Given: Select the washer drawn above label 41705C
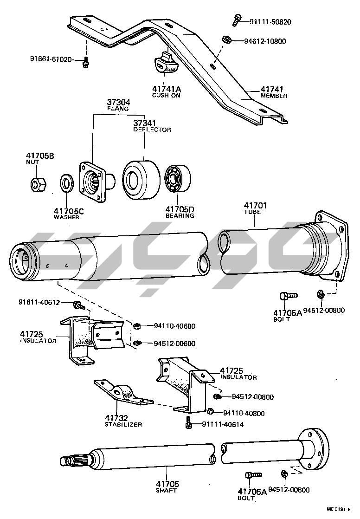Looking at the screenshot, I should click(67, 183).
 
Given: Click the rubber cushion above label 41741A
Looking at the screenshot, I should click(165, 65).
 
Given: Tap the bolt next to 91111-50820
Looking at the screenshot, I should click(236, 19).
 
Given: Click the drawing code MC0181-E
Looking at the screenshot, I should click(339, 509).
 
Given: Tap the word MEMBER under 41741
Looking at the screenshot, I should click(274, 96).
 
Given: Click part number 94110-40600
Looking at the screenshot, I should click(174, 326).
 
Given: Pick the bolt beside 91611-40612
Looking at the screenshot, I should click(78, 305).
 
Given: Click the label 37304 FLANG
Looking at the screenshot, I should click(119, 105).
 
